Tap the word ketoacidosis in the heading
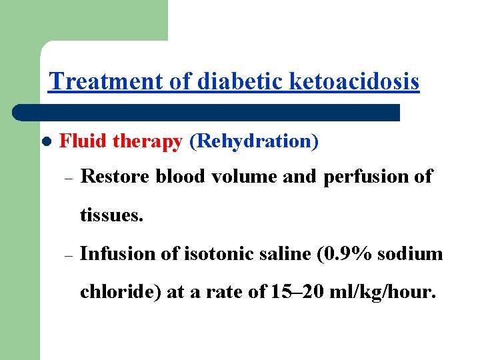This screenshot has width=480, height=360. tap(355, 82)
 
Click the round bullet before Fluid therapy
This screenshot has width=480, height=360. tap(46, 143)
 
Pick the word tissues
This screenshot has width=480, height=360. tap(111, 216)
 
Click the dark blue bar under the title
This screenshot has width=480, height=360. tap(207, 112)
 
